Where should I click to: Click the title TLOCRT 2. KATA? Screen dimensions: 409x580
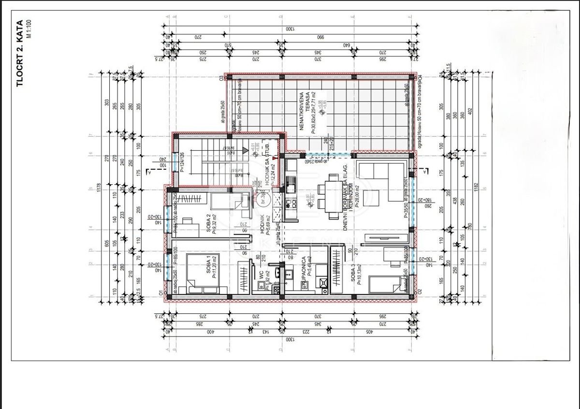pos(20,54)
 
